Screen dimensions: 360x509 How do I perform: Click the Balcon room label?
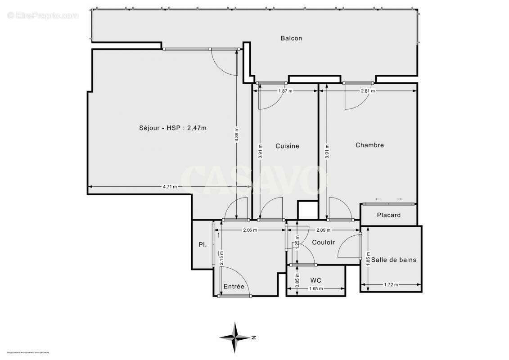tap(291, 38)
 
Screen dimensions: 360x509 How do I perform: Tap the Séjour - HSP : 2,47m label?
tap(173, 128)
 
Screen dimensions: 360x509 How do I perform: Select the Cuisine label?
tap(287, 146)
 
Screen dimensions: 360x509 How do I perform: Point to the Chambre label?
tap(369, 145)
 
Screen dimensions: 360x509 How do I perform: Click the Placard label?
tap(389, 215)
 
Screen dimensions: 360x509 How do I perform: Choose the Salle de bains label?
tap(393, 260)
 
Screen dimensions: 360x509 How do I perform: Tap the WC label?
tap(316, 280)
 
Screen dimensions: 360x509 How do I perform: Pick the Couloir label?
tap(324, 242)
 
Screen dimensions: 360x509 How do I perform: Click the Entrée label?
tap(234, 286)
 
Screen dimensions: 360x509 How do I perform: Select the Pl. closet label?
tap(203, 245)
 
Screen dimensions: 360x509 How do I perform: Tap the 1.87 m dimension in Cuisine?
tap(285, 91)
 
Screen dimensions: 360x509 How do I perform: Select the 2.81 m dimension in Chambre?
tap(368, 91)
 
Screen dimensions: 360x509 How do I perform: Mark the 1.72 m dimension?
tap(390, 284)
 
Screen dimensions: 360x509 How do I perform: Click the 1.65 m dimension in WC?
tap(316, 288)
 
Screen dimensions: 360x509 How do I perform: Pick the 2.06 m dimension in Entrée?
tap(250, 230)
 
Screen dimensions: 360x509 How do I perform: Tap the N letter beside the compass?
tap(254, 337)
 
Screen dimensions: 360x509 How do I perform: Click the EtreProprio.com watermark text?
tap(43, 15)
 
